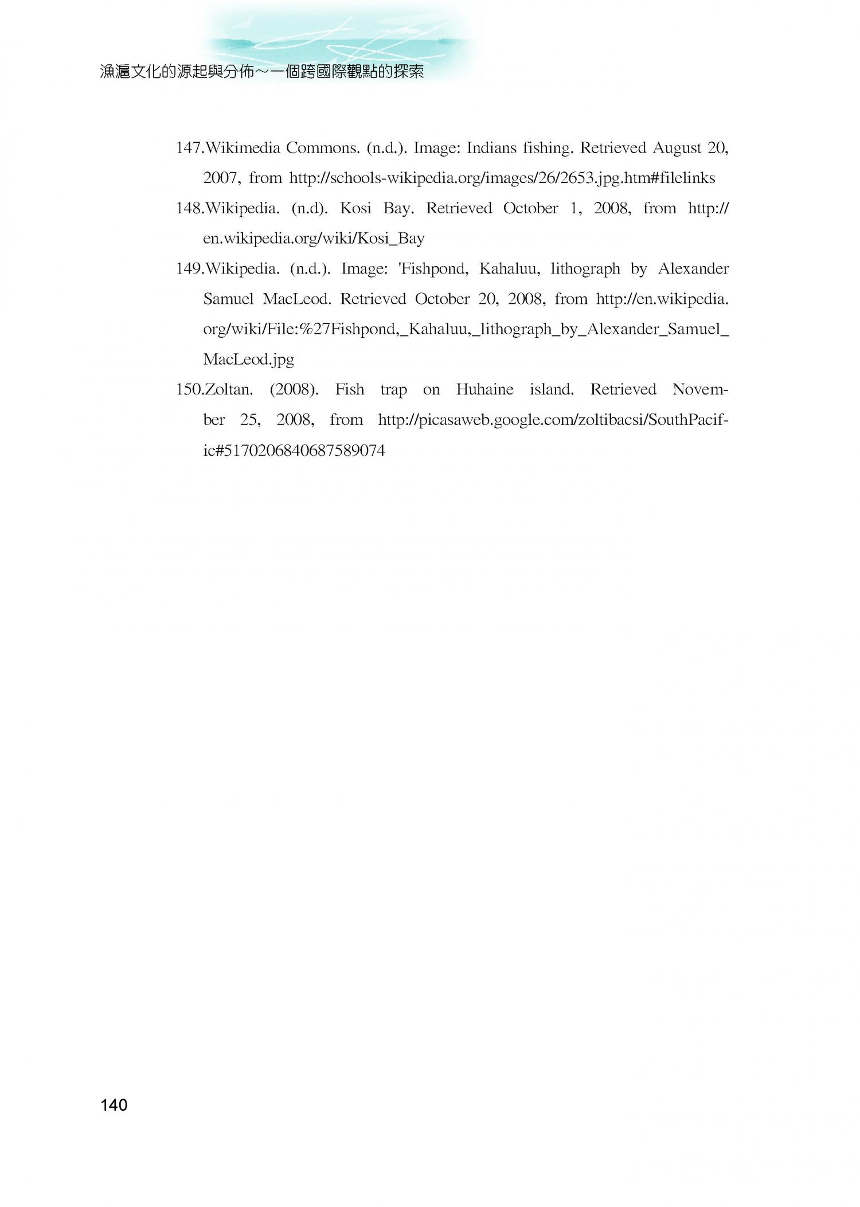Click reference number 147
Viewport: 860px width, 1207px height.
pyautogui.click(x=188, y=148)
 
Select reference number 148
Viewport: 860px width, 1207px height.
pyautogui.click(x=188, y=208)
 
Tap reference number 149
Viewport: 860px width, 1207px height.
pyautogui.click(x=188, y=268)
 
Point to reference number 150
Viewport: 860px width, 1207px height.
pyautogui.click(x=188, y=389)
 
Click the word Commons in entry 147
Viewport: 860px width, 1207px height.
pyautogui.click(x=323, y=148)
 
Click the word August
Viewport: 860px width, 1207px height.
pyautogui.click(x=677, y=149)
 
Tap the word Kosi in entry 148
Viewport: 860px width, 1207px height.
pyautogui.click(x=355, y=208)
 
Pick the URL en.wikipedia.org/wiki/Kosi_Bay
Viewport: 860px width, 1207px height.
pyautogui.click(x=314, y=239)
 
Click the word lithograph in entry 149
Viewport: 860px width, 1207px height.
pyautogui.click(x=585, y=269)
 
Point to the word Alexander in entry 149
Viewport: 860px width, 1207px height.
pyautogui.click(x=693, y=268)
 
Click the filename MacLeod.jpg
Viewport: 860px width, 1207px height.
pyautogui.click(x=248, y=360)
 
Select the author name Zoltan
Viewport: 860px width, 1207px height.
pyautogui.click(x=228, y=389)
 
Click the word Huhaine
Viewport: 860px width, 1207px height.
pyautogui.click(x=484, y=389)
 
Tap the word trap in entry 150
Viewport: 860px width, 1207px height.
pyautogui.click(x=393, y=390)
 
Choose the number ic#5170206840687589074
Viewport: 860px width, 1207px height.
pyautogui.click(x=294, y=450)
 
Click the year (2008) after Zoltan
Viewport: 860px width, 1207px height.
pyautogui.click(x=294, y=390)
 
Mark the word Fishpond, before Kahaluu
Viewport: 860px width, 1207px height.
pyautogui.click(x=433, y=269)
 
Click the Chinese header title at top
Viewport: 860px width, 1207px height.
pyautogui.click(x=261, y=72)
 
